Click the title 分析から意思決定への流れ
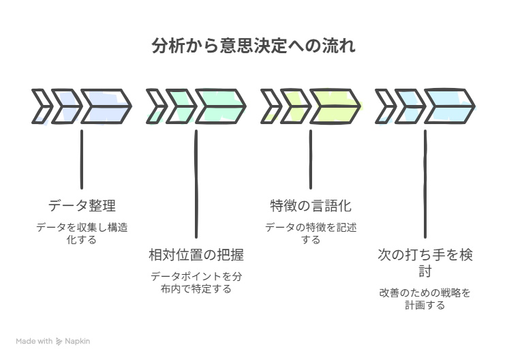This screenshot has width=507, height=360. coord(253,47)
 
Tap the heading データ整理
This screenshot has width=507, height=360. coord(82,205)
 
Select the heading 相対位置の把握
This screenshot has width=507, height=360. coord(196,255)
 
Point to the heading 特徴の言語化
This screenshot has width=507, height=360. coord(311,205)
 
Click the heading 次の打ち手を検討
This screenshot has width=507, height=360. coord(425,263)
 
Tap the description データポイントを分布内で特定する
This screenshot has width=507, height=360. coord(196,282)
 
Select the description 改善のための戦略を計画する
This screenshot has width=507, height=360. coord(425,299)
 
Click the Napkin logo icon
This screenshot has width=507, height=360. coord(59,341)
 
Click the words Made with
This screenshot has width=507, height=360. coord(34,341)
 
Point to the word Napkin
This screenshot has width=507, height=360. coord(78,341)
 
